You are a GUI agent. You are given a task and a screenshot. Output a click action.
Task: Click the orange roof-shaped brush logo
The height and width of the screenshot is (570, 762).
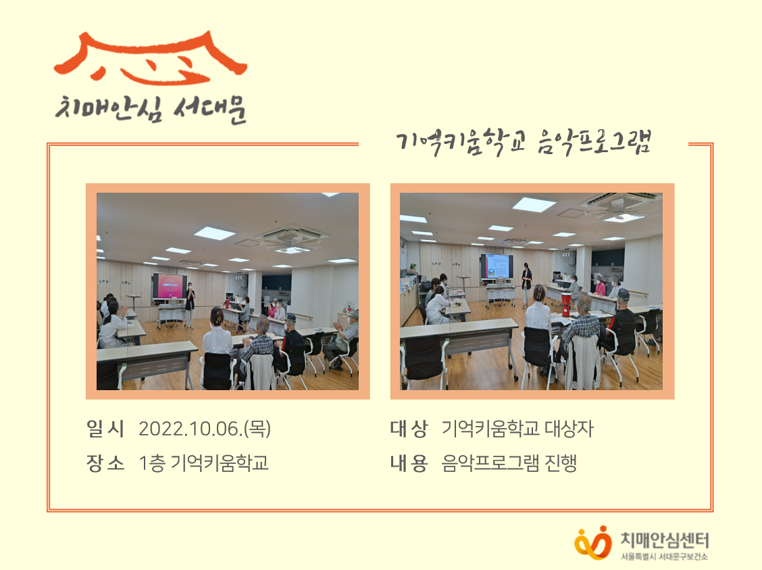pos(150,57)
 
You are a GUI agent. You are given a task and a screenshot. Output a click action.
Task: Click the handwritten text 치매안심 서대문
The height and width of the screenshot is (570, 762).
pos(151,109)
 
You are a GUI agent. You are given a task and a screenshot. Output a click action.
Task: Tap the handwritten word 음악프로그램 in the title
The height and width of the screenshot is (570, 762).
pos(593,143)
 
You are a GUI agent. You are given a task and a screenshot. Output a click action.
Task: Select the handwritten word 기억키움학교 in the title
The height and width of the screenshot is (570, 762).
pos(461,143)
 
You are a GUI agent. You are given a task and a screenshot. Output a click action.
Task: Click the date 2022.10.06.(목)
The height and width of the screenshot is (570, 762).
pos(205,429)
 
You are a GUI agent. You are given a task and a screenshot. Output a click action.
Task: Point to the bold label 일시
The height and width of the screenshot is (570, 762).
pos(105,429)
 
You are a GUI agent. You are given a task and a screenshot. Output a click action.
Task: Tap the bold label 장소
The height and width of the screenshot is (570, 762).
pos(105,463)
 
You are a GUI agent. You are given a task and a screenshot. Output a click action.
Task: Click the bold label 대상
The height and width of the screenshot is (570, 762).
pos(409,429)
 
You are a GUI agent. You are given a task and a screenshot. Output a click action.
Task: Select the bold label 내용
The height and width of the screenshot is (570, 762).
pos(409,463)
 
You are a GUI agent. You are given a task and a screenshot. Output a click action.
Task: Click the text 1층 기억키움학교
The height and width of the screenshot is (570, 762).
pos(203,463)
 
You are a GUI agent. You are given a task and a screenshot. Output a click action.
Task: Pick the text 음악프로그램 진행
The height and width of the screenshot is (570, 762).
pos(509,463)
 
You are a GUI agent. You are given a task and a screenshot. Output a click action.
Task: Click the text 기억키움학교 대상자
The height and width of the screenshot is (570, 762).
pos(517,429)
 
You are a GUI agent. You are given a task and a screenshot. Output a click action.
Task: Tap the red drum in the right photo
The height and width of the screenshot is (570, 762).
pos(566,304)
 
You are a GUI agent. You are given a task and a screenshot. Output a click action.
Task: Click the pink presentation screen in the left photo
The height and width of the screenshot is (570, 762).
pos(169,285)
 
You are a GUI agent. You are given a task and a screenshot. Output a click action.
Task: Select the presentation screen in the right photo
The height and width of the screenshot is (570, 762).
pos(496,266)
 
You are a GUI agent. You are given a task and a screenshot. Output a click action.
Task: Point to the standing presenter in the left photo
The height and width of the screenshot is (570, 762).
pos(190,305)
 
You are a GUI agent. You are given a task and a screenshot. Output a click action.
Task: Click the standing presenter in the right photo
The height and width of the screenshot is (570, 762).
pos(526,285)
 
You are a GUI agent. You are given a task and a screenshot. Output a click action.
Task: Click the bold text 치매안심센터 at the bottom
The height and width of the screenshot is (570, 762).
pos(664,540)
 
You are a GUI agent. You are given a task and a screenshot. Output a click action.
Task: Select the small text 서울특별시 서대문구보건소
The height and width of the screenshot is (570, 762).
pos(664,557)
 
